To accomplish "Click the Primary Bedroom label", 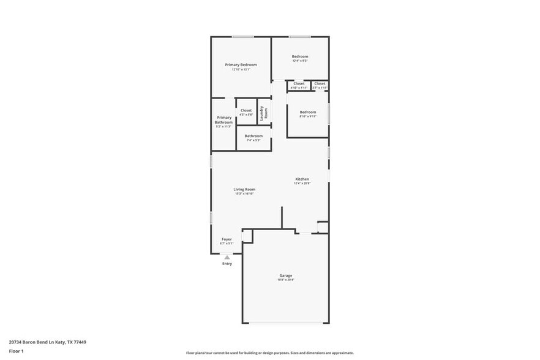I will pyautogui.click(x=241, y=65).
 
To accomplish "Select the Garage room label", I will pyautogui.click(x=286, y=276).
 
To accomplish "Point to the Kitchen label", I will pyautogui.click(x=302, y=179).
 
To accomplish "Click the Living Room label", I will pyautogui.click(x=244, y=189).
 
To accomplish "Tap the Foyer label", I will pyautogui.click(x=227, y=239).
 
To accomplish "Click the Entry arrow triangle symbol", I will pyautogui.click(x=227, y=258).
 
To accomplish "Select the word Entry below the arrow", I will pyautogui.click(x=227, y=264).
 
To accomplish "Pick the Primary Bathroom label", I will pyautogui.click(x=223, y=119).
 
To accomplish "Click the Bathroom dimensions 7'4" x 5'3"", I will pyautogui.click(x=253, y=140).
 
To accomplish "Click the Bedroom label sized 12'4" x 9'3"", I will pyautogui.click(x=299, y=56).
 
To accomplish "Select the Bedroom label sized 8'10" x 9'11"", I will pyautogui.click(x=307, y=112).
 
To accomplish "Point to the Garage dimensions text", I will pyautogui.click(x=286, y=280).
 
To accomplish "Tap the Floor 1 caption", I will pyautogui.click(x=16, y=351).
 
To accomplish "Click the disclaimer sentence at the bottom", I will pyautogui.click(x=269, y=353).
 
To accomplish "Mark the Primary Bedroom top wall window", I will pyautogui.click(x=242, y=37).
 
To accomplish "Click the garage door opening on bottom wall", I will pyautogui.click(x=286, y=323).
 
